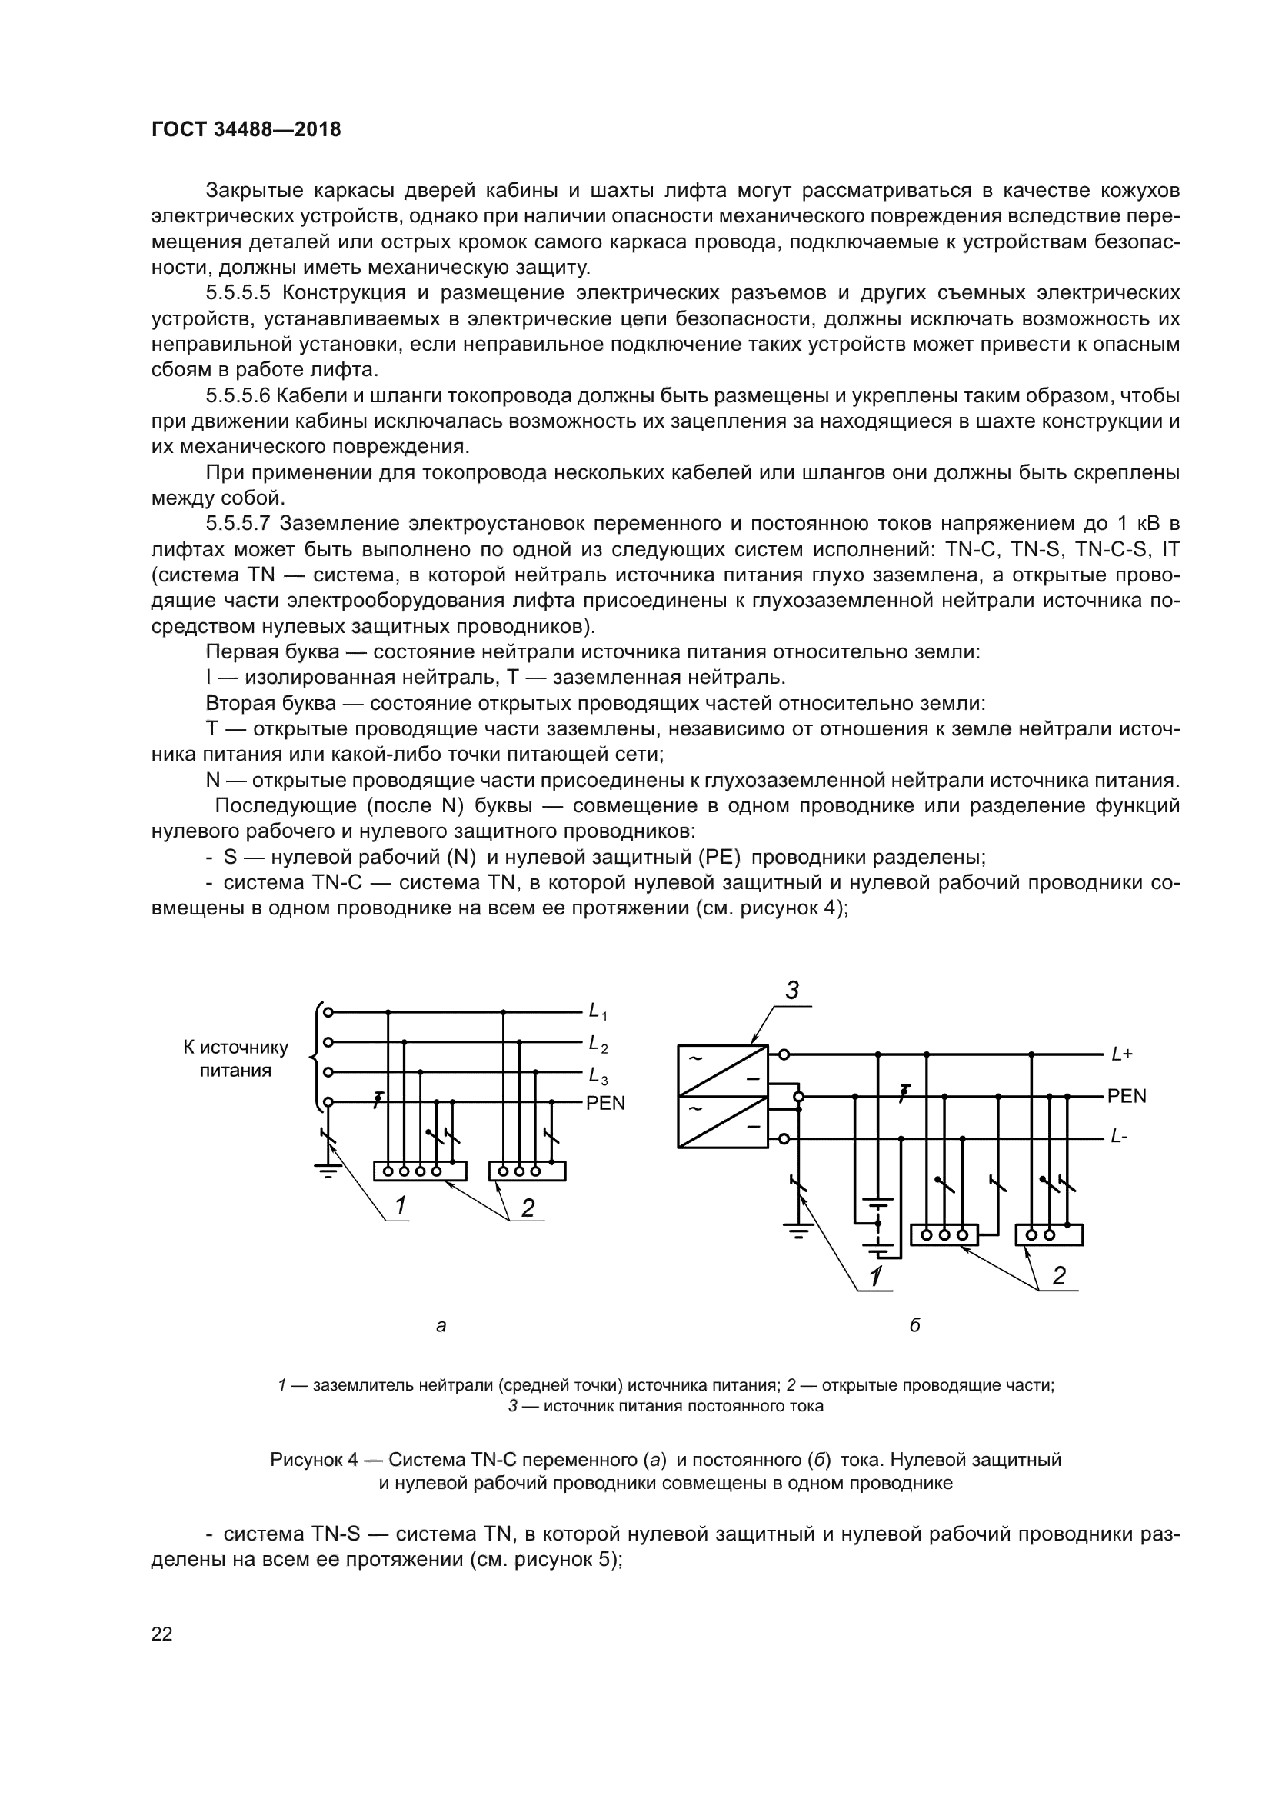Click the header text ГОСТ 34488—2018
(x=246, y=130)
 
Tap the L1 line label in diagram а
(x=598, y=1012)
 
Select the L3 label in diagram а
(x=598, y=1075)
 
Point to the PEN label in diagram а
(x=605, y=1103)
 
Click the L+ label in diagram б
(x=1121, y=1054)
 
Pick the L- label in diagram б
(x=1118, y=1137)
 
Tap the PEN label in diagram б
(x=1127, y=1096)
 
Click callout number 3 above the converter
(x=792, y=991)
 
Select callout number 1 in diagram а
(x=400, y=1206)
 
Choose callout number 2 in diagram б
(x=1059, y=1275)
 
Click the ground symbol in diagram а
(x=328, y=1173)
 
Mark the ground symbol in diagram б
(x=798, y=1231)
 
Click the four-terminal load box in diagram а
(x=420, y=1171)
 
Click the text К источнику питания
(x=235, y=1058)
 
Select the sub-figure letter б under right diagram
(x=914, y=1326)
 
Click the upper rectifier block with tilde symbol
(x=722, y=1071)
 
